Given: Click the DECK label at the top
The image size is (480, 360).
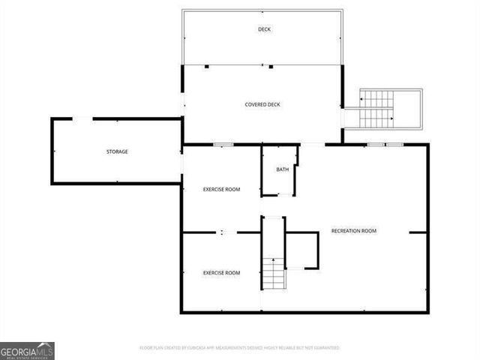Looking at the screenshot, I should (264, 29).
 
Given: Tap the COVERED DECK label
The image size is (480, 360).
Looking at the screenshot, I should (262, 104).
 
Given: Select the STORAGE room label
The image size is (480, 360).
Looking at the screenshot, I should (116, 151).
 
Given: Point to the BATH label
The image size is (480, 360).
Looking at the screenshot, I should (282, 169).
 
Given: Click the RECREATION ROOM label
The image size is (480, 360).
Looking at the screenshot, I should (353, 230).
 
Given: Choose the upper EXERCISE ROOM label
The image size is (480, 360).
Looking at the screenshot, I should (221, 189).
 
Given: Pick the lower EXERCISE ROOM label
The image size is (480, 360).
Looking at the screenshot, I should (221, 272).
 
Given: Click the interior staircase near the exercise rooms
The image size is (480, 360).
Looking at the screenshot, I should (274, 273).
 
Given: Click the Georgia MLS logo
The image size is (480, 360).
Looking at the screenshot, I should (27, 350).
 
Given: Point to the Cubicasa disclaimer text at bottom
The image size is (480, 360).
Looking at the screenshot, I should (240, 348).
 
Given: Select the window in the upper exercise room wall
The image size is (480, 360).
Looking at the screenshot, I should (222, 144).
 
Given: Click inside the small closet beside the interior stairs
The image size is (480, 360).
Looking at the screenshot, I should (302, 250).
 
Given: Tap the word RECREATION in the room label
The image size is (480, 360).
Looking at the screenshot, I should (345, 230).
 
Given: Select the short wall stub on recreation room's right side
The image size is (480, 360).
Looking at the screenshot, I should (418, 232).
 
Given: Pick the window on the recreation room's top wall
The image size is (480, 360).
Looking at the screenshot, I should (385, 144).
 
